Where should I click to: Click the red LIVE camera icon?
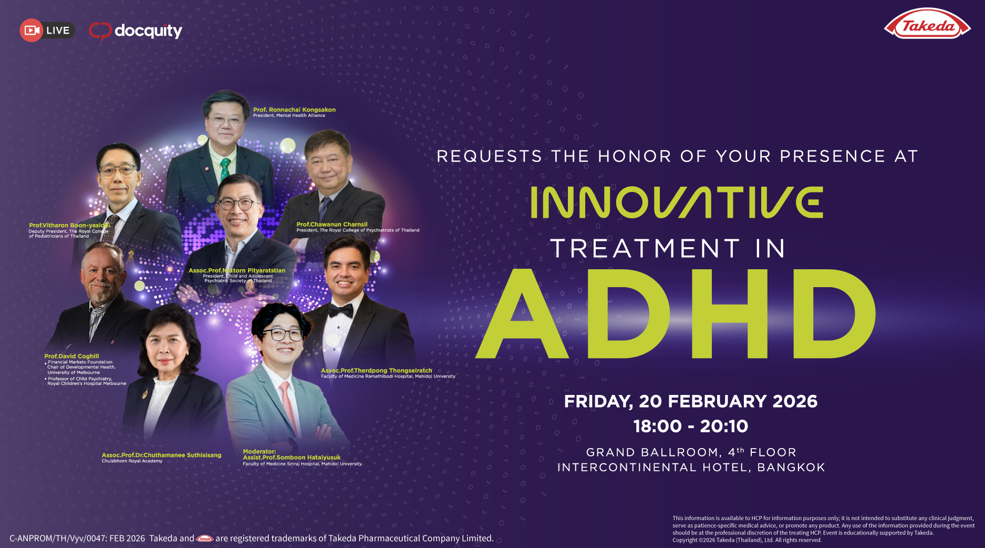click(x=32, y=31)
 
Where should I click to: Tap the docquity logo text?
click(x=148, y=31)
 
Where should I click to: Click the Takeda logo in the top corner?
click(x=928, y=26)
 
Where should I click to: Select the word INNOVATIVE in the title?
click(x=677, y=202)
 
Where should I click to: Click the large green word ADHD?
click(x=676, y=314)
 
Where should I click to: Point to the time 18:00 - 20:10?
click(x=690, y=426)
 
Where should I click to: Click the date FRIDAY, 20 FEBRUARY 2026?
click(x=690, y=401)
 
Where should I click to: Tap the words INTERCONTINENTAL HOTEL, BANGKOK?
click(x=691, y=468)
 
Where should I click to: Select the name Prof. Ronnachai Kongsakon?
click(x=294, y=109)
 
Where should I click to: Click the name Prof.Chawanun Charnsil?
click(x=332, y=224)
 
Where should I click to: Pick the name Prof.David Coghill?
click(x=71, y=356)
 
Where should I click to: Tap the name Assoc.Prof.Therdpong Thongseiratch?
click(x=376, y=370)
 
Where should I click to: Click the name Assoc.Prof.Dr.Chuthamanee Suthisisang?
click(x=161, y=455)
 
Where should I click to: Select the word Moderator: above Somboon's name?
click(x=260, y=451)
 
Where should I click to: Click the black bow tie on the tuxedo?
click(x=341, y=311)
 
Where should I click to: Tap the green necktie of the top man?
click(x=225, y=168)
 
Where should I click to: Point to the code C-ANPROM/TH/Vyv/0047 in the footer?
click(x=58, y=539)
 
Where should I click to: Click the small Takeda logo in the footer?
click(x=204, y=539)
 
